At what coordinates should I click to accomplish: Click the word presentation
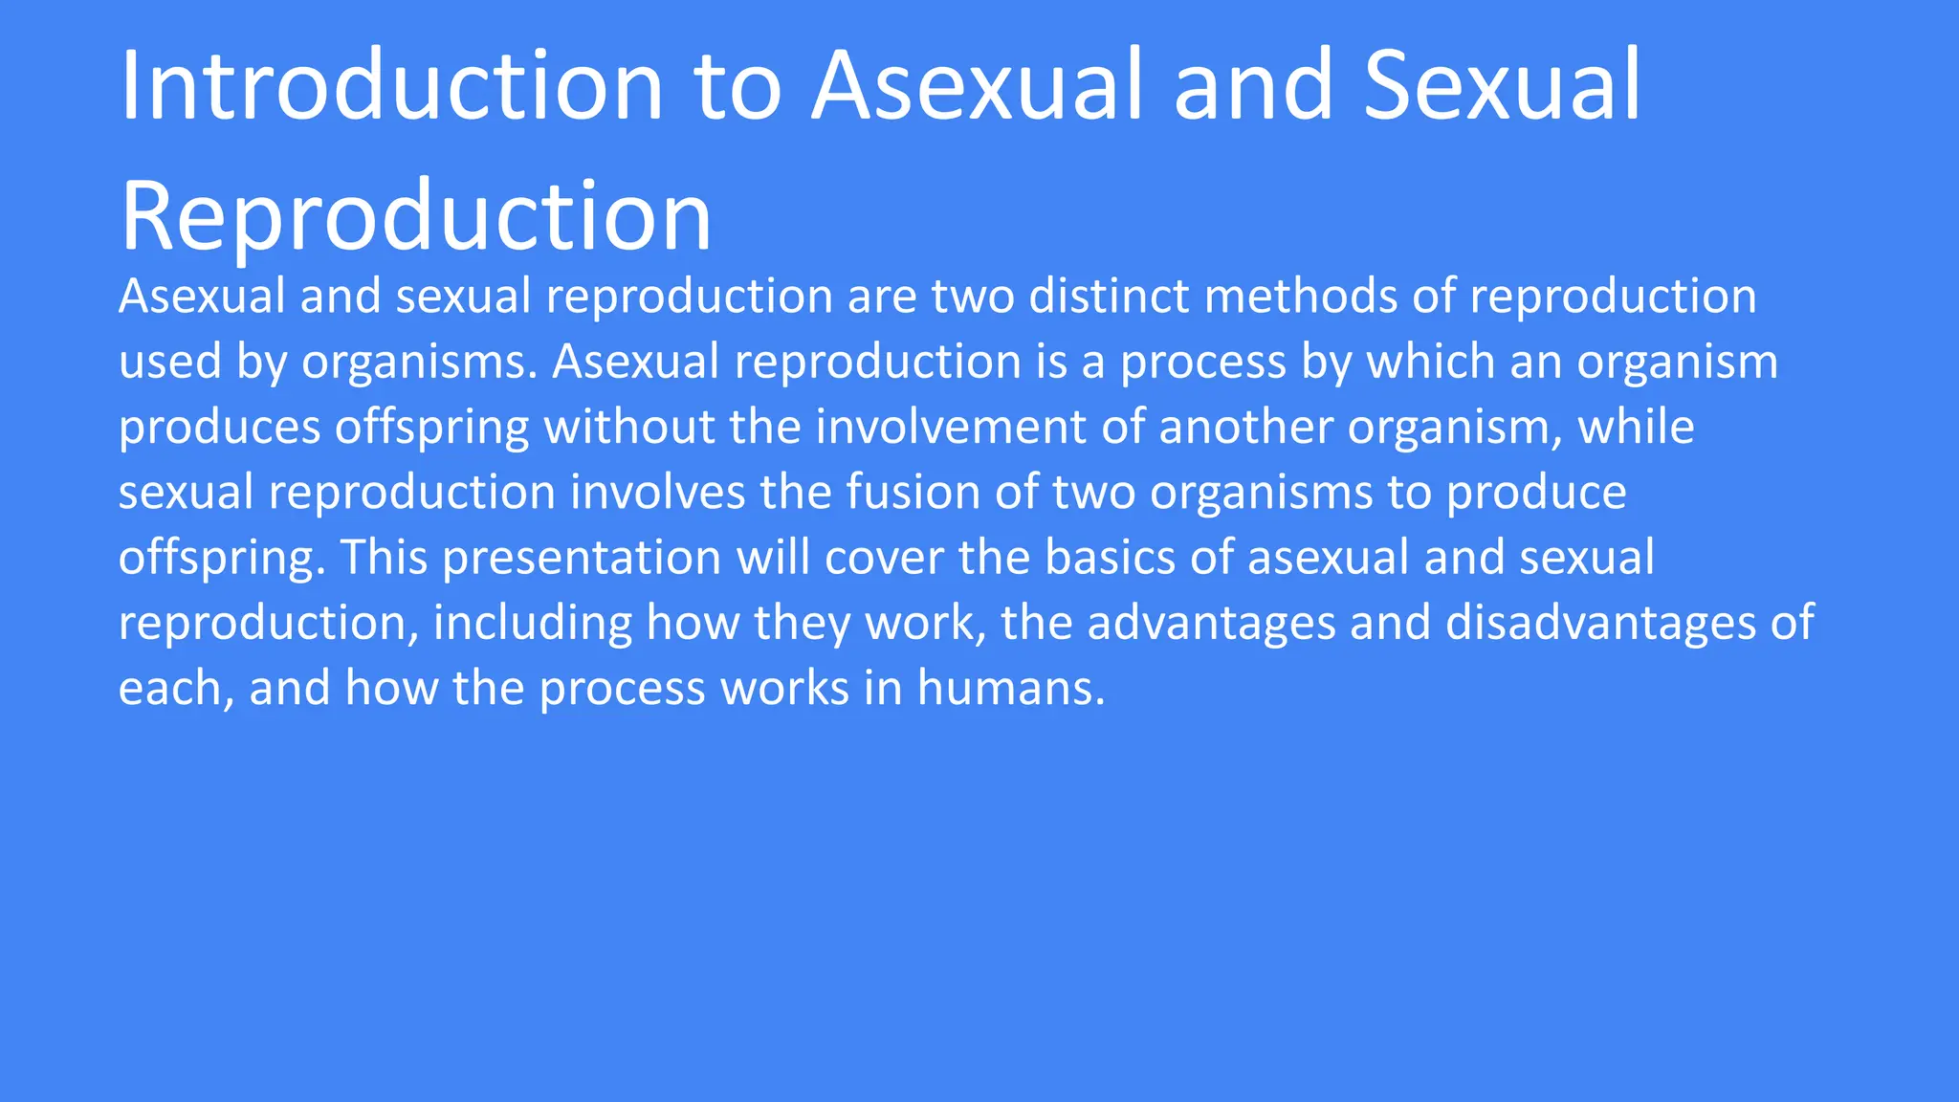(x=582, y=558)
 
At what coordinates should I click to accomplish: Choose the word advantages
(x=1211, y=623)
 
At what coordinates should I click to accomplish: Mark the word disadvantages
(x=1600, y=623)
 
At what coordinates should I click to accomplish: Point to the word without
(x=629, y=427)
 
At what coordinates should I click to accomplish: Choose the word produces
(x=219, y=429)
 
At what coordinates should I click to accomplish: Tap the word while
(x=1636, y=427)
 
